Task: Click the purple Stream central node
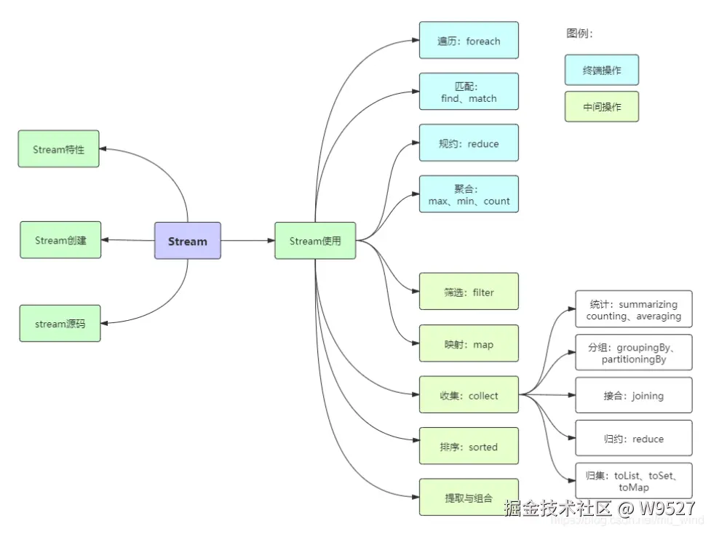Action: click(187, 241)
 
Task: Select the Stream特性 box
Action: click(59, 149)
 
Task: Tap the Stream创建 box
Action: click(60, 240)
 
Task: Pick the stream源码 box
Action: click(60, 324)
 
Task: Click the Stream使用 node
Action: click(315, 241)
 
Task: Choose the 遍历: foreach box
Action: click(469, 41)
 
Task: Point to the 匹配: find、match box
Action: click(469, 92)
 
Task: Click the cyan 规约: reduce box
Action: click(469, 143)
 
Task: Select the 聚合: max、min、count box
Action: click(469, 194)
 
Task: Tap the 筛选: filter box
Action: click(469, 292)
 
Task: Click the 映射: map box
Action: click(469, 343)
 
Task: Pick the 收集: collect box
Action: click(469, 395)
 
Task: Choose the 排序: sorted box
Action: click(469, 446)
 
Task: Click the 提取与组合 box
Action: click(469, 498)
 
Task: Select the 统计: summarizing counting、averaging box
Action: click(633, 310)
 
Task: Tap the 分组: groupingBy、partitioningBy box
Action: click(633, 353)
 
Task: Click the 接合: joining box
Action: click(633, 396)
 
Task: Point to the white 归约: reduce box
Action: click(633, 439)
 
